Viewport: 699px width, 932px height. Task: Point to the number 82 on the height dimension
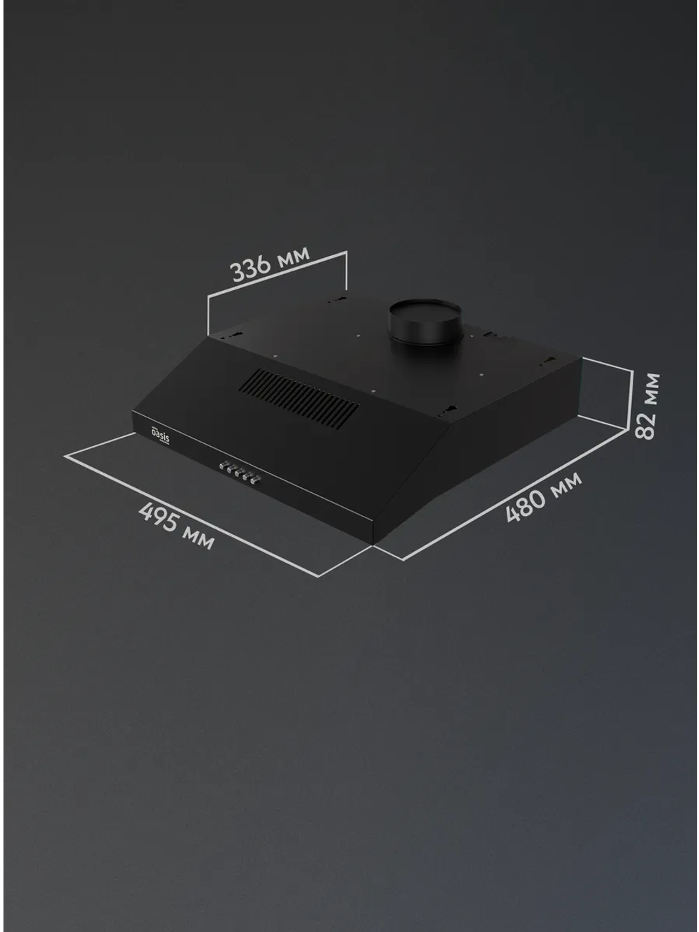pyautogui.click(x=647, y=426)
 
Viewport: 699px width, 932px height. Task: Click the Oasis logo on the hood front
pyautogui.click(x=160, y=433)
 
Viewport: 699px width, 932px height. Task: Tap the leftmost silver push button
pyautogui.click(x=222, y=466)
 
